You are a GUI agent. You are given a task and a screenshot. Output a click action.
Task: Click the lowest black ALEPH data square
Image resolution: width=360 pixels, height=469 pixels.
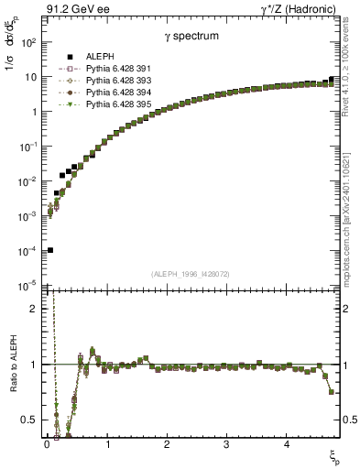(x=50, y=249)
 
